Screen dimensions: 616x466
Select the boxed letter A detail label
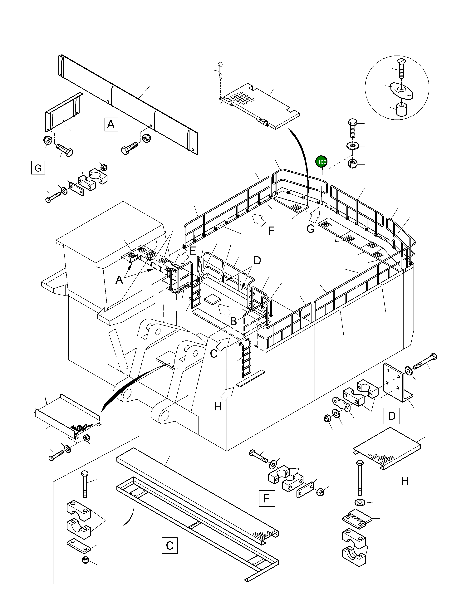pyautogui.click(x=111, y=124)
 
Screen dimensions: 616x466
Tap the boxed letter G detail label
pyautogui.click(x=38, y=168)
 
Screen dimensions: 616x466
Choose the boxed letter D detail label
pyautogui.click(x=392, y=416)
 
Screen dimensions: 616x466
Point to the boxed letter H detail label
pyautogui.click(x=405, y=481)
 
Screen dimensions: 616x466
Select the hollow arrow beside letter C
pyautogui.click(x=223, y=344)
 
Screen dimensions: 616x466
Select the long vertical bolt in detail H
pyautogui.click(x=360, y=478)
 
